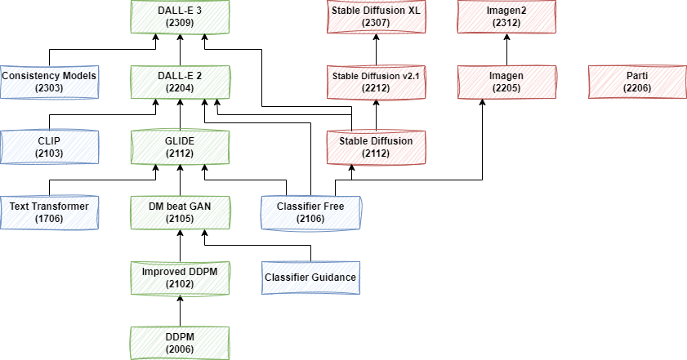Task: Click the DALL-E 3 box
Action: click(x=179, y=17)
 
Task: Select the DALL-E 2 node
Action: click(x=179, y=82)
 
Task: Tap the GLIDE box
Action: click(x=179, y=147)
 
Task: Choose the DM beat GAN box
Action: click(x=179, y=212)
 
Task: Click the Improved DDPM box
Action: click(x=179, y=278)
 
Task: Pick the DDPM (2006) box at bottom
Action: click(x=179, y=342)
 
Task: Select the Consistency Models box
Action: click(x=49, y=82)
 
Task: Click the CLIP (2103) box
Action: click(x=49, y=147)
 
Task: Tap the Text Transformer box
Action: click(x=49, y=212)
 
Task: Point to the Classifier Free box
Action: click(x=310, y=212)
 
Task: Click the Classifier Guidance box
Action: click(x=310, y=278)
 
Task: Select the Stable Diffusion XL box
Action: click(x=375, y=17)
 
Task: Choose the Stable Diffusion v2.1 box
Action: click(x=375, y=82)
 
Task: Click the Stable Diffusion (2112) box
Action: click(x=375, y=147)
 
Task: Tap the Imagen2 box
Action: click(x=506, y=17)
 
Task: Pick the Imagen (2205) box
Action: click(x=506, y=82)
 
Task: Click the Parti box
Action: click(x=636, y=82)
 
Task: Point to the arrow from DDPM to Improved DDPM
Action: click(x=179, y=310)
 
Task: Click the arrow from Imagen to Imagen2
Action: click(x=506, y=49)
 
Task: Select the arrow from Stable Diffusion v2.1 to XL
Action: click(x=375, y=49)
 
